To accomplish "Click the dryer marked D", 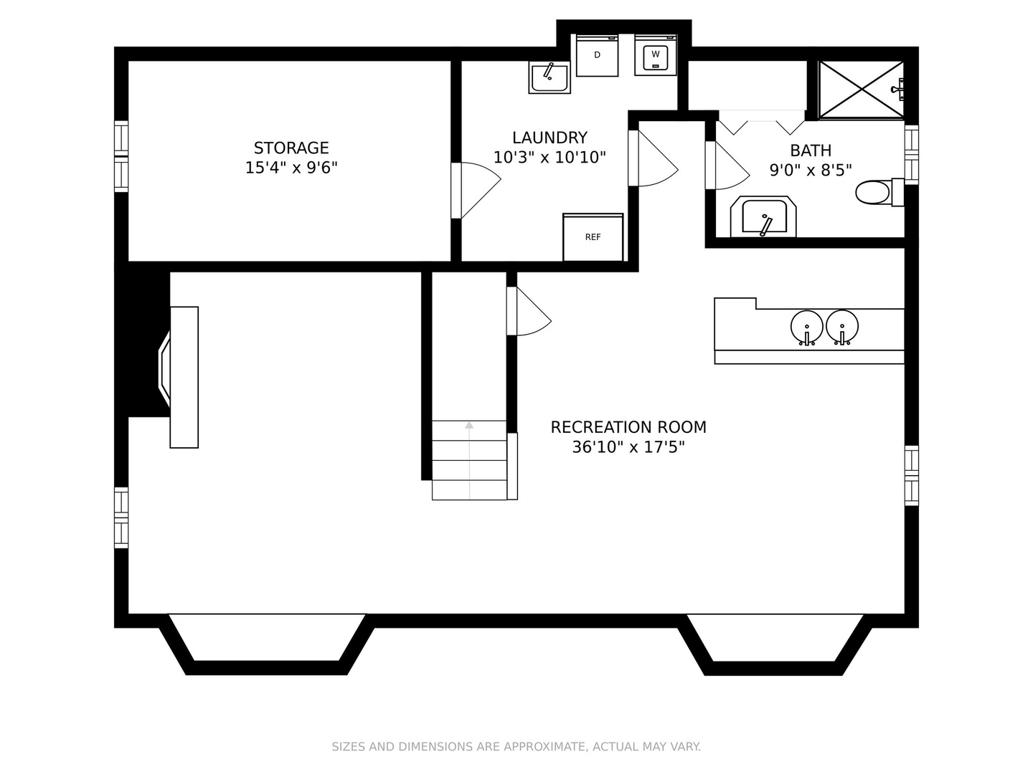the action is (x=597, y=55).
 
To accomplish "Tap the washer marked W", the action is (x=656, y=55).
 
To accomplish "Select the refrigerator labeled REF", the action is (x=593, y=237).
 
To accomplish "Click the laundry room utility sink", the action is (x=549, y=77).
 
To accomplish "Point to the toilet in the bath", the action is (x=879, y=192).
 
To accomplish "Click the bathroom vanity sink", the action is (x=763, y=216).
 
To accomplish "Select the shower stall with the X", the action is (x=862, y=90).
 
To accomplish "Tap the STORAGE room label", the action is (x=291, y=148).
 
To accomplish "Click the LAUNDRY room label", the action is (x=549, y=138).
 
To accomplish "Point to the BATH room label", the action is (x=811, y=150).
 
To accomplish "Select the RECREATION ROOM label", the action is (x=628, y=427).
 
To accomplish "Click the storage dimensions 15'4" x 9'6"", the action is (x=291, y=168).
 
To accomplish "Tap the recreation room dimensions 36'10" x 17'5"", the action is (x=628, y=447).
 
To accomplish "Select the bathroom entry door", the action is (x=727, y=166).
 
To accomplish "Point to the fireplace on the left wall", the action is (x=179, y=377).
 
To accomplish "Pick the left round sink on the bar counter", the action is (x=806, y=327).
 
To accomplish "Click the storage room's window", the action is (x=121, y=156).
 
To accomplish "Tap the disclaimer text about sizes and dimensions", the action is (x=516, y=746).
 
